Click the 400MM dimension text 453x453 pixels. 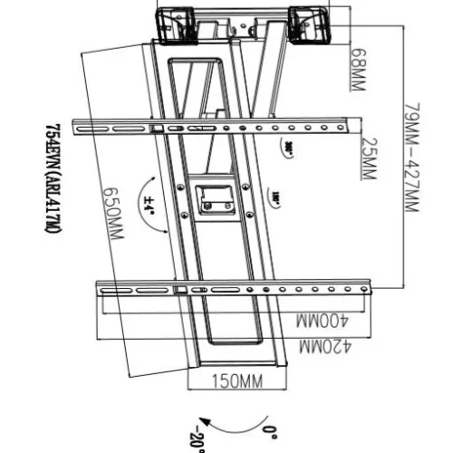(320, 323)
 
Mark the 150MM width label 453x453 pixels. (237, 381)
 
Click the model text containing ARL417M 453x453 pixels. (53, 181)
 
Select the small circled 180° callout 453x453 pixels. (273, 194)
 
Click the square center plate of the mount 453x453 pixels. (215, 198)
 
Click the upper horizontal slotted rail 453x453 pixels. (217, 127)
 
